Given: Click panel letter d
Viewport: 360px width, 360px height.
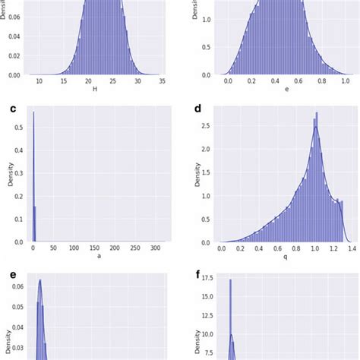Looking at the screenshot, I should (x=198, y=109).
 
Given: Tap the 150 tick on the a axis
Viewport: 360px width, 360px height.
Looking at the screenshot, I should (x=94, y=248).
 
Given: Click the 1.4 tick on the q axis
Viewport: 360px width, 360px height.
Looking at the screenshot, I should (x=347, y=248).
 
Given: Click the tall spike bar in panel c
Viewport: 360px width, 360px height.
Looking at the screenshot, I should (x=33, y=175).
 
